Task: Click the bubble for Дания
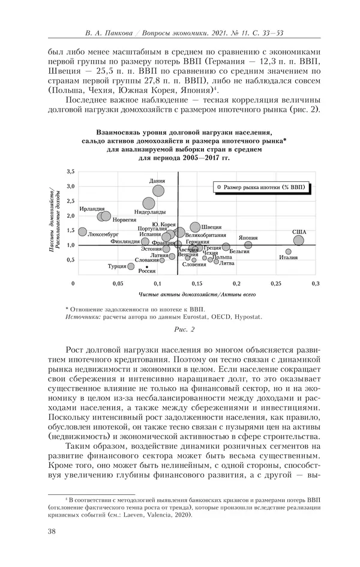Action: tap(158, 191)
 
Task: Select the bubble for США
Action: tap(298, 241)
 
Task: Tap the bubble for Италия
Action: tap(288, 252)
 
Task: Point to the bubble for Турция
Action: tap(131, 266)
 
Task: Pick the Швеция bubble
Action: tap(195, 227)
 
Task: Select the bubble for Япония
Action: tap(232, 245)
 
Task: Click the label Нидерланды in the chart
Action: tap(150, 212)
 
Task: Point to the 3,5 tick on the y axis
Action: tap(70, 172)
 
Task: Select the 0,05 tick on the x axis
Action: tap(118, 283)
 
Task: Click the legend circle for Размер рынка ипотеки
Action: tap(220, 187)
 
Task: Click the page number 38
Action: tap(52, 530)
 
